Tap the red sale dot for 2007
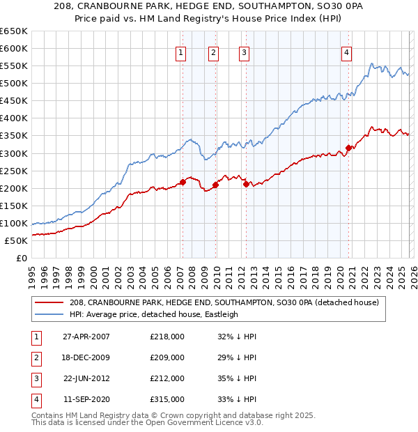(x=183, y=182)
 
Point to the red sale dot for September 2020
(x=348, y=148)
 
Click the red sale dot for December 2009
(x=215, y=185)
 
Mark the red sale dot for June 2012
(x=246, y=184)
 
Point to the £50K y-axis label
(x=16, y=240)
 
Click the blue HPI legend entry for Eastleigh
(x=153, y=314)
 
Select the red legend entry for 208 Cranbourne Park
(x=224, y=302)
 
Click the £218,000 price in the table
(x=167, y=337)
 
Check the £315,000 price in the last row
(x=167, y=399)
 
